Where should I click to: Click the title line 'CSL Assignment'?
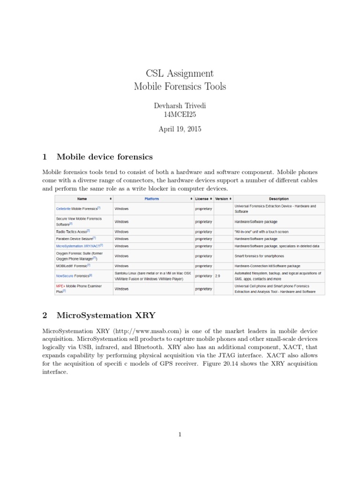click(x=180, y=74)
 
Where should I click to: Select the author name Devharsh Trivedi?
click(x=180, y=106)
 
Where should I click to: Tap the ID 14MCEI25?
click(x=180, y=115)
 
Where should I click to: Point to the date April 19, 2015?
click(x=180, y=129)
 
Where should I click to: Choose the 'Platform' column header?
click(x=151, y=199)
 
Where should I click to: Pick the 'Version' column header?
click(x=221, y=199)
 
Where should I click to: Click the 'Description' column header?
click(x=278, y=199)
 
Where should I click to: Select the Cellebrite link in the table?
click(x=63, y=209)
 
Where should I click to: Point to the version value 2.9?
click(x=217, y=276)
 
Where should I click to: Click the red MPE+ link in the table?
click(x=60, y=285)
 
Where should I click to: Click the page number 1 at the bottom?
click(x=180, y=435)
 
